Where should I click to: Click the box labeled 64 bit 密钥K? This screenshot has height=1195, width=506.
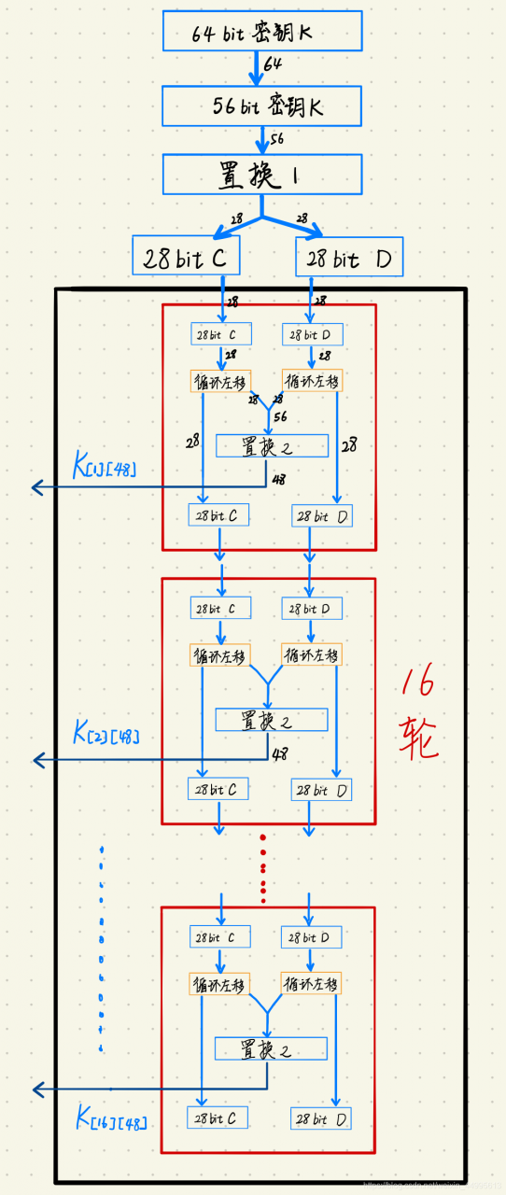click(261, 32)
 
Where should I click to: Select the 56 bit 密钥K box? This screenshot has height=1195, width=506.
click(261, 105)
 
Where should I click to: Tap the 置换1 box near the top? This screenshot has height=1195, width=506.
click(261, 175)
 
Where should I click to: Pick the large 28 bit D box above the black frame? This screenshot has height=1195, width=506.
click(349, 257)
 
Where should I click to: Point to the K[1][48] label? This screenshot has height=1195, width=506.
click(104, 464)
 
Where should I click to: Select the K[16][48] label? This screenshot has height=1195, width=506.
click(110, 1118)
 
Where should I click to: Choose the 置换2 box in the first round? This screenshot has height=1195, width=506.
click(272, 445)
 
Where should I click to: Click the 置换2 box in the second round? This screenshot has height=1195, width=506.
click(271, 719)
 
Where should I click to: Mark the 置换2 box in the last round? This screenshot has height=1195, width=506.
click(271, 1048)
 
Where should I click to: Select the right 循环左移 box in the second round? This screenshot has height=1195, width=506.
click(312, 654)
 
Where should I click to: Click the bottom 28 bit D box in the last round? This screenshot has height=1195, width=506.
click(321, 1118)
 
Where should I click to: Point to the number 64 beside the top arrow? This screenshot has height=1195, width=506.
click(273, 64)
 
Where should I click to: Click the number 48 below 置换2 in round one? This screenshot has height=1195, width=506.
click(278, 480)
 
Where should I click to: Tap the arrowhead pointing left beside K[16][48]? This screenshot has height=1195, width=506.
click(37, 1089)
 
